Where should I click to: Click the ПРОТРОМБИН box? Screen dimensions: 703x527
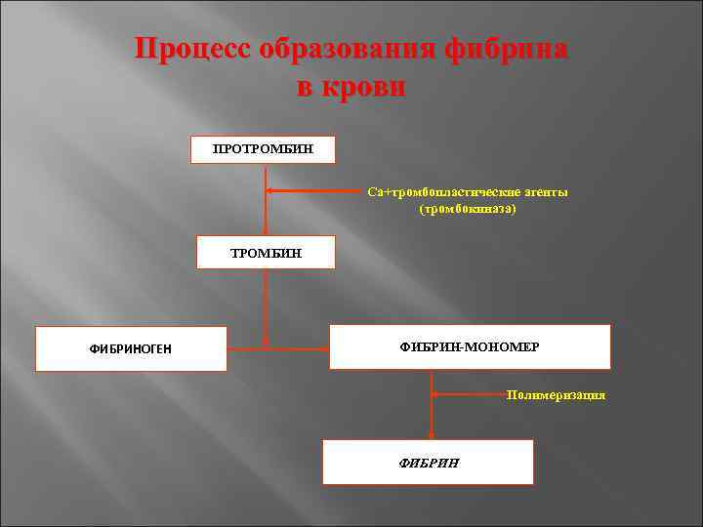(263, 149)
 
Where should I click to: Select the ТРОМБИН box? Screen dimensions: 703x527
(266, 253)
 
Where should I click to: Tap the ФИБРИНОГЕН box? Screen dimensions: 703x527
(131, 348)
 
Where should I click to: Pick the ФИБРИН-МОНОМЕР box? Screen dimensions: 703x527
(470, 346)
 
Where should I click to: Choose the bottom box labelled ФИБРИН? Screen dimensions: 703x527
(429, 462)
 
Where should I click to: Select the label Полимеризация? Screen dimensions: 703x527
(556, 395)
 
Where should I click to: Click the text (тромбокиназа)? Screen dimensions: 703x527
(467, 209)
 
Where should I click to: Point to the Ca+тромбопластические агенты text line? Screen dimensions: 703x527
(467, 192)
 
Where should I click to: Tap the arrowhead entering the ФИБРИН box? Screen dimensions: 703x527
(432, 435)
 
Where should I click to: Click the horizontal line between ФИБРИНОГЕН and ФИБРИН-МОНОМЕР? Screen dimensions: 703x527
(278, 345)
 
